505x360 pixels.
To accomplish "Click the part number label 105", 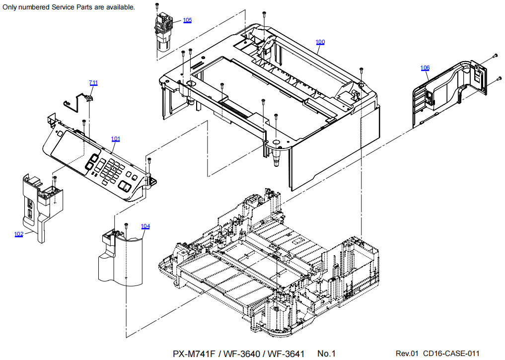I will click(187, 20).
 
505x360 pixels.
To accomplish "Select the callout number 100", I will click(320, 42).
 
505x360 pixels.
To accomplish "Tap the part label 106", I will click(425, 68).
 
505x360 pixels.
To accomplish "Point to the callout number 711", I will click(93, 82).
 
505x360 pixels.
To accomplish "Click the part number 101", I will click(116, 139).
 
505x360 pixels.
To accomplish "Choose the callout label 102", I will click(19, 234).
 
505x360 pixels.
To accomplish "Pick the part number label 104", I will click(145, 226).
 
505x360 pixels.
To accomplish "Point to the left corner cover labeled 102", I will click(40, 204).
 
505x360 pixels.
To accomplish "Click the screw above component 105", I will click(157, 5).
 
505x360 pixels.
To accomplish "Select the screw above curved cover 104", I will click(126, 225).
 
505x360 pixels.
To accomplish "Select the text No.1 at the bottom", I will click(327, 354).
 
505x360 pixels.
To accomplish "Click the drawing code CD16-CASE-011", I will click(451, 354).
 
